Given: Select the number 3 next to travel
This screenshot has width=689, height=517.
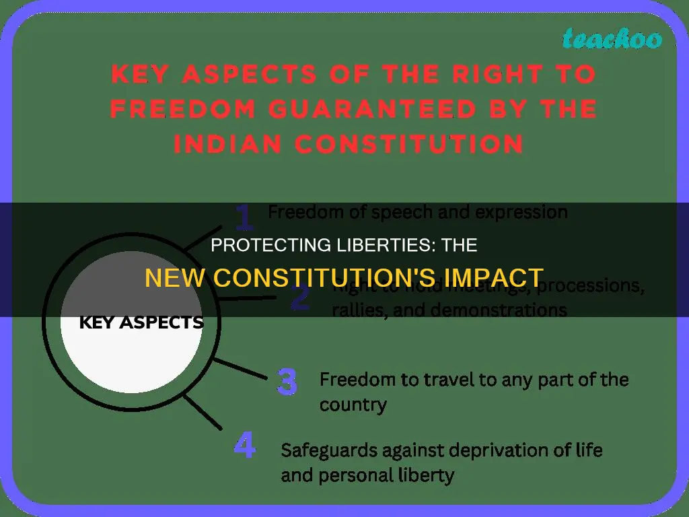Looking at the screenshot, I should tap(287, 382).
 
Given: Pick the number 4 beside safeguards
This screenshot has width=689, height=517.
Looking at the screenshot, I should tap(245, 447).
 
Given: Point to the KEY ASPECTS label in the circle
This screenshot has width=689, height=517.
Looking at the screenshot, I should tap(141, 322).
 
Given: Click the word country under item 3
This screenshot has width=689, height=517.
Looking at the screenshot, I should tap(353, 406).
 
